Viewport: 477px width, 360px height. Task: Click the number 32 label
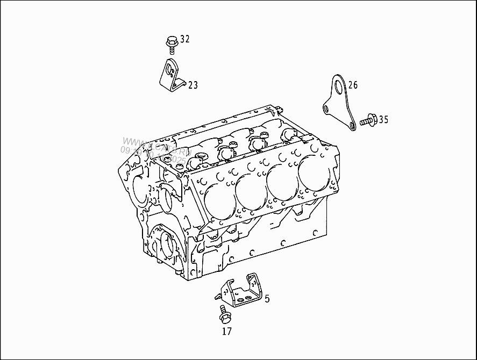click(184, 39)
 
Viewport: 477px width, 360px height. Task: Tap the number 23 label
click(193, 85)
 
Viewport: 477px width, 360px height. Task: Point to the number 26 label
click(352, 85)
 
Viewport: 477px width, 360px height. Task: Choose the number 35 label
click(383, 119)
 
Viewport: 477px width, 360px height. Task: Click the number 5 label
click(267, 298)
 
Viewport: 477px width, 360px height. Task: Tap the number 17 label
click(226, 332)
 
